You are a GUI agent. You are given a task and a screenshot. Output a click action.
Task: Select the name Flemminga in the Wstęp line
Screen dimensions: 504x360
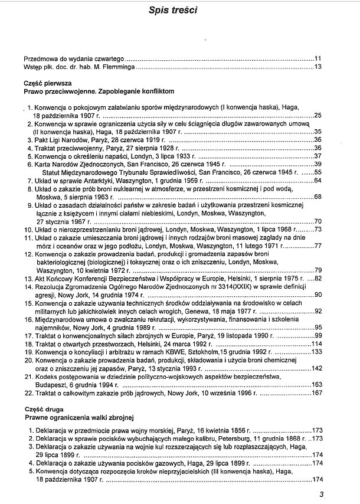click(x=118, y=67)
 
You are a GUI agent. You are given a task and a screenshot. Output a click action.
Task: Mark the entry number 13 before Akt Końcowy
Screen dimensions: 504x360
click(x=27, y=277)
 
